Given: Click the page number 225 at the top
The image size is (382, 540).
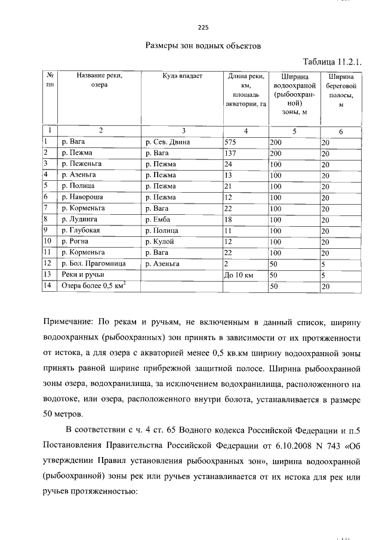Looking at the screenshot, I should click(203, 27).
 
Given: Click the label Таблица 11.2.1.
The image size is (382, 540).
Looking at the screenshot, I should click(333, 61).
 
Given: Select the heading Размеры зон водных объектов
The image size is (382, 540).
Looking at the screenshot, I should click(203, 45).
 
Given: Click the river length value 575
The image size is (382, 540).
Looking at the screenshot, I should click(230, 142).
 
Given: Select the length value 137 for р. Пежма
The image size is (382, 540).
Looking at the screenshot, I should click(230, 153).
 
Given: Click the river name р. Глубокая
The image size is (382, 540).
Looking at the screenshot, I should click(81, 230).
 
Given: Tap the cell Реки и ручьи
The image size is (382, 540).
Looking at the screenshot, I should click(82, 274).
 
